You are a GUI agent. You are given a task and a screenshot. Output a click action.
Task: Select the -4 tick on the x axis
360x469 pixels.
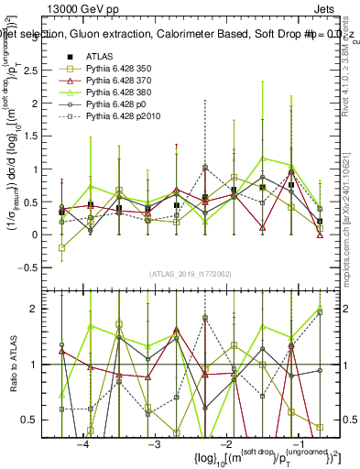coord(83,443)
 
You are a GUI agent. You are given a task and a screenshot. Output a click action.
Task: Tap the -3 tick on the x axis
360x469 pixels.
coord(154,443)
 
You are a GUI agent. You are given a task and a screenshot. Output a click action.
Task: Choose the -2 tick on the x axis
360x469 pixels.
coord(224,443)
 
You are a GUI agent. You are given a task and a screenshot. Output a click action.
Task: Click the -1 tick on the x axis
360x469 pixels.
coord(294,443)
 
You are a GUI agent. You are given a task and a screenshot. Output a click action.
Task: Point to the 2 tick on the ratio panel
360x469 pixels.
coord(45,309)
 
